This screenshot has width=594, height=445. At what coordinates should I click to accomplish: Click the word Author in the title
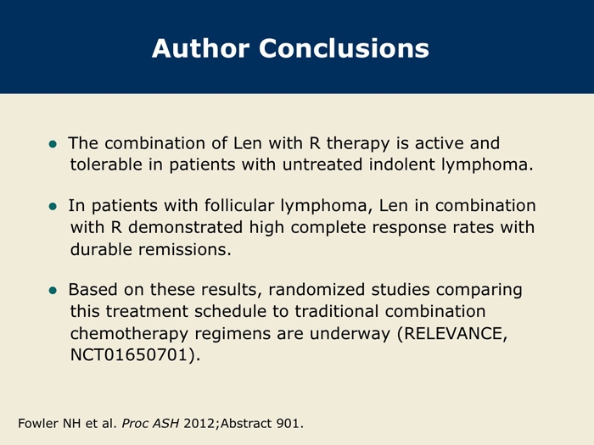click(201, 48)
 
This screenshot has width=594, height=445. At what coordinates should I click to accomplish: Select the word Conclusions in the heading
click(344, 48)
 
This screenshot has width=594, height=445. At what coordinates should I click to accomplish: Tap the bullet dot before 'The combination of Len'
click(53, 144)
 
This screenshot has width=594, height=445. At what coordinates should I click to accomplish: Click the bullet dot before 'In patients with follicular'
click(53, 207)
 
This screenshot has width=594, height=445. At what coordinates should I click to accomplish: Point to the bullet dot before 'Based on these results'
click(53, 291)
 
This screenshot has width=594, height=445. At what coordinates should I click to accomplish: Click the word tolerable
click(106, 164)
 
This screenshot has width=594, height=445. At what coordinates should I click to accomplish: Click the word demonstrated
click(185, 227)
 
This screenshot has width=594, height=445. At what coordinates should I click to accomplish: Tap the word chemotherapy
click(129, 334)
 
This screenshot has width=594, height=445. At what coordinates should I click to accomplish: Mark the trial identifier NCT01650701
click(129, 355)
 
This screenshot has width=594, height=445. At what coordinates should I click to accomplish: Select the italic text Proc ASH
click(150, 423)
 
